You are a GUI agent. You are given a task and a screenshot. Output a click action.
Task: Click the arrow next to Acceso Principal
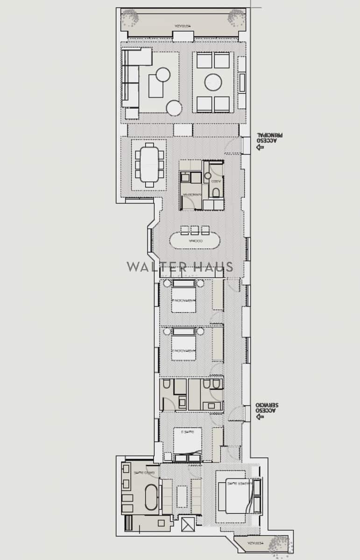pos(260,147)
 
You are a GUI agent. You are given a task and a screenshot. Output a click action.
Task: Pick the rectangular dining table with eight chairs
pos(149,165)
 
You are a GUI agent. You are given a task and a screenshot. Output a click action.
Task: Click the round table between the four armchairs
pos(213,83)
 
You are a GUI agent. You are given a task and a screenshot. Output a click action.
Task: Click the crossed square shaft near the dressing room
pos(188,525)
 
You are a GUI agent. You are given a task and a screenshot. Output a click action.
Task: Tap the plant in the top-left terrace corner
pos(130,18)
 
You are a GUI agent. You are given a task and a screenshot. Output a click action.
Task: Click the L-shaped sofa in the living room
pos(131,79)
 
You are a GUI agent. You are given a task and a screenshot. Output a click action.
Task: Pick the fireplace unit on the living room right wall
pos(242,83)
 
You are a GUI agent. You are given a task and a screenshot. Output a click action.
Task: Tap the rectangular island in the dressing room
pos(182,496)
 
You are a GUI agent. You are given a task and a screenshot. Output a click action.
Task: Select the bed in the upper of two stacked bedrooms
pos(184,298)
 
